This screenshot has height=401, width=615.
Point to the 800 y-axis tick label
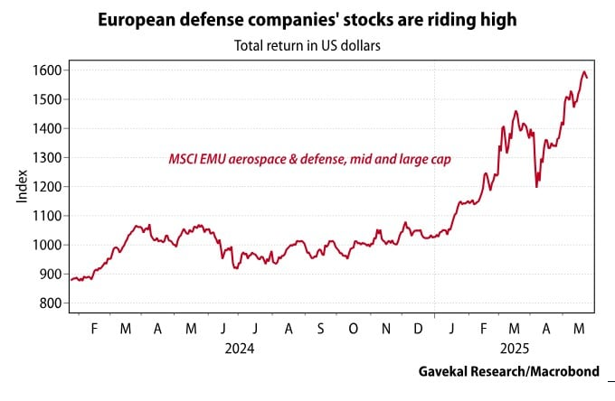pos(50,303)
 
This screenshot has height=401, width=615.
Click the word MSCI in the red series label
pos(184,159)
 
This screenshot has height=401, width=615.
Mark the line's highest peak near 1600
pos(584,71)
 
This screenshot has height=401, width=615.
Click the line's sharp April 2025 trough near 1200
pos(537,186)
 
